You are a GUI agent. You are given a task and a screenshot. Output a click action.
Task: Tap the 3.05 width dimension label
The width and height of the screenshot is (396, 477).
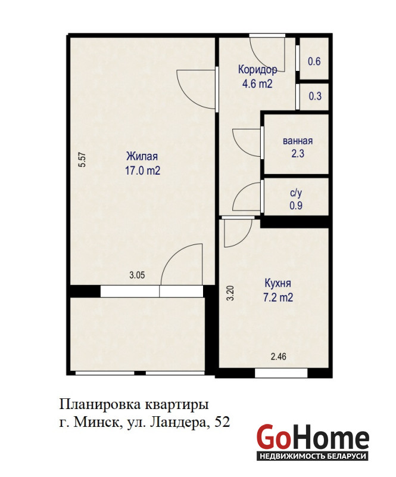pyautogui.click(x=137, y=275)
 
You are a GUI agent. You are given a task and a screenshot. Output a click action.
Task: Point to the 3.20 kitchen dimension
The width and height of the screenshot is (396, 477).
pyautogui.click(x=231, y=293)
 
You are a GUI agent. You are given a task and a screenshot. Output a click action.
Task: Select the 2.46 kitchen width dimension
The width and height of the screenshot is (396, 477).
pyautogui.click(x=278, y=356)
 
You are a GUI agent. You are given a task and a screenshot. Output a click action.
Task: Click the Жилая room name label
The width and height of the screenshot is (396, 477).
pyautogui.click(x=142, y=156)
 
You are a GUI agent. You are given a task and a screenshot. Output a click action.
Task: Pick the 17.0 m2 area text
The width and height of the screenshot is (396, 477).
pyautogui.click(x=142, y=171)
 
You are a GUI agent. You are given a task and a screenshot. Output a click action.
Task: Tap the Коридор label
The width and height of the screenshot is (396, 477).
pyautogui.click(x=257, y=70)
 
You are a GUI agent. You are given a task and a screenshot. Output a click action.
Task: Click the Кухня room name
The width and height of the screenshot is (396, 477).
pyautogui.click(x=277, y=283)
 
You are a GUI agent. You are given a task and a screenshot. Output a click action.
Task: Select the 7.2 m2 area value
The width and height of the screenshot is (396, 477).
pyautogui.click(x=278, y=297)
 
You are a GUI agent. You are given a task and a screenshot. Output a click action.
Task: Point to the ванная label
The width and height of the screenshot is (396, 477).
pyautogui.click(x=298, y=141)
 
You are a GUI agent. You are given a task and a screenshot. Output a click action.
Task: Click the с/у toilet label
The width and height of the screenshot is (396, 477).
pyautogui.click(x=296, y=193)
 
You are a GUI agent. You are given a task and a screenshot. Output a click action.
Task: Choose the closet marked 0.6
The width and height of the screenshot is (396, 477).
pyautogui.click(x=314, y=61)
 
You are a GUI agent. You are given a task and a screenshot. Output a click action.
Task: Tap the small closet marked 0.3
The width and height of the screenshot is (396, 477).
pyautogui.click(x=315, y=96)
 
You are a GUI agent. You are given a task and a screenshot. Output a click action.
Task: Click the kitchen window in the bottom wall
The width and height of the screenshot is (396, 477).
pyautogui.click(x=281, y=373)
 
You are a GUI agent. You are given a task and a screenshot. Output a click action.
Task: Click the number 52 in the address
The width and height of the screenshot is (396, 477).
pyautogui.click(x=222, y=422)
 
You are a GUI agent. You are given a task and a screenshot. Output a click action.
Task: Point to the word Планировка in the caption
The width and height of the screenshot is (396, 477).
pyautogui.click(x=99, y=405)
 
